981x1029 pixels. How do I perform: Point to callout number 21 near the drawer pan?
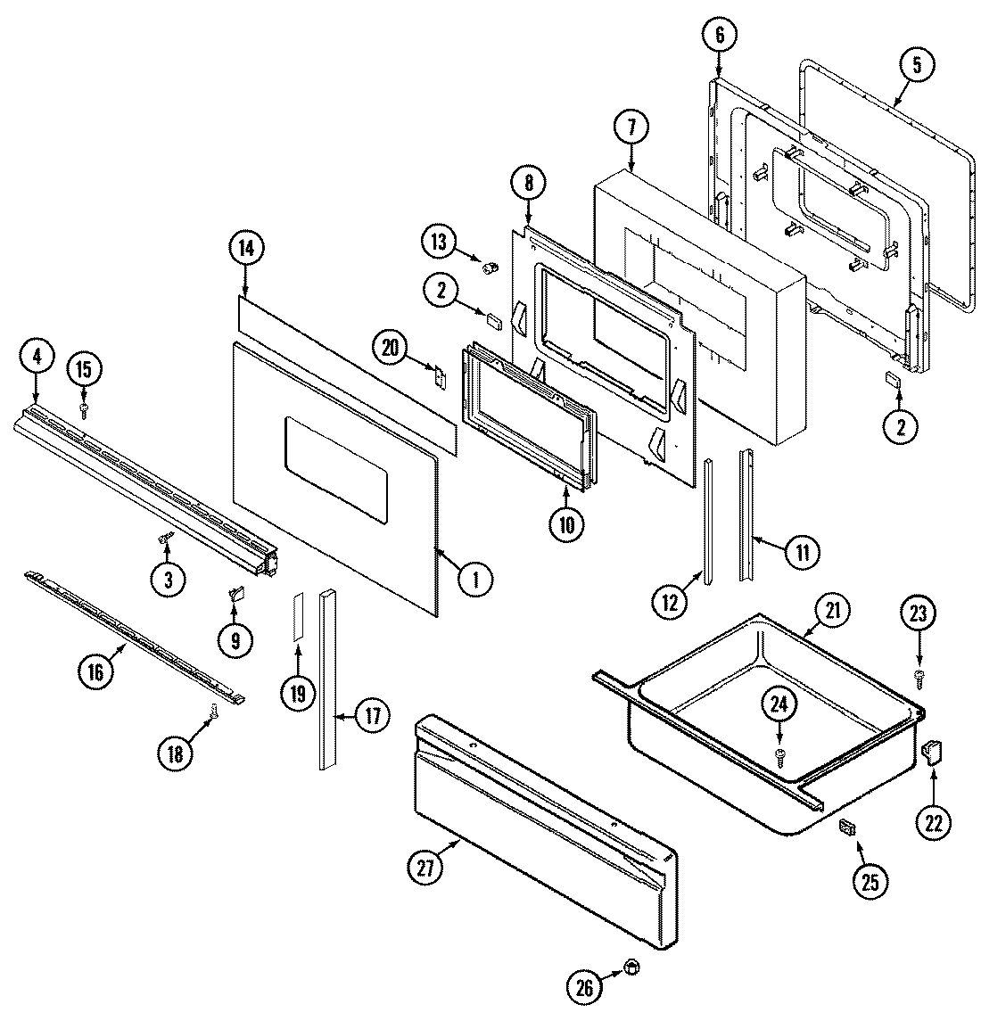point(833,610)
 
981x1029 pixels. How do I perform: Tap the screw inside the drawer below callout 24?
point(779,755)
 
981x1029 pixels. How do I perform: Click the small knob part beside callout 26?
point(631,966)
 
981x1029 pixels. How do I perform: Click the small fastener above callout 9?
point(236,592)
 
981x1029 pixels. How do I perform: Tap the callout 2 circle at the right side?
point(900,427)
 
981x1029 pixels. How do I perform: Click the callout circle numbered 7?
point(631,128)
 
